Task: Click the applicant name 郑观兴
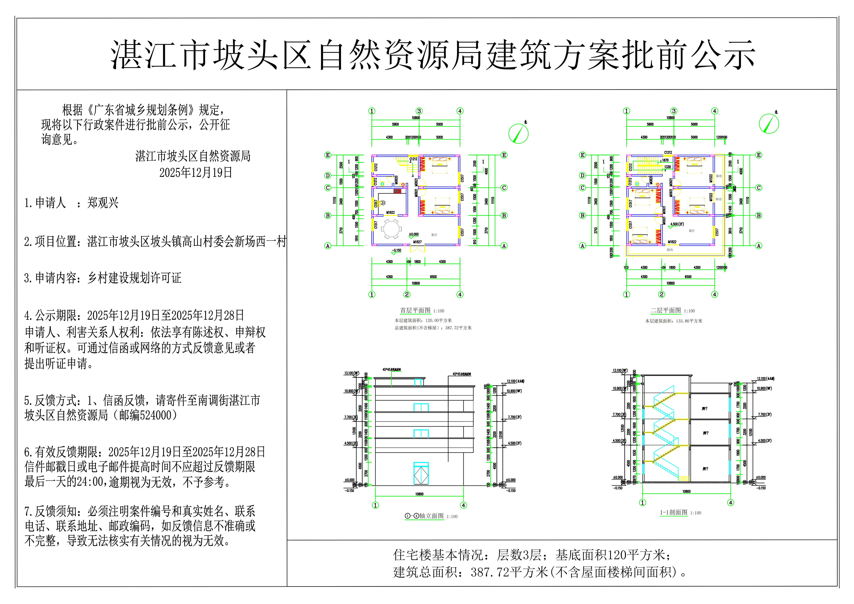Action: [103, 203]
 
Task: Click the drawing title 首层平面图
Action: [415, 310]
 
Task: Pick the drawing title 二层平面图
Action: [666, 310]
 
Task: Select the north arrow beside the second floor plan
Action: [769, 124]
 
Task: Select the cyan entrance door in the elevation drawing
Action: [421, 473]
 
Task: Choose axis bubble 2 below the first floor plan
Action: [407, 294]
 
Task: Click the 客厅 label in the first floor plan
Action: [434, 235]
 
